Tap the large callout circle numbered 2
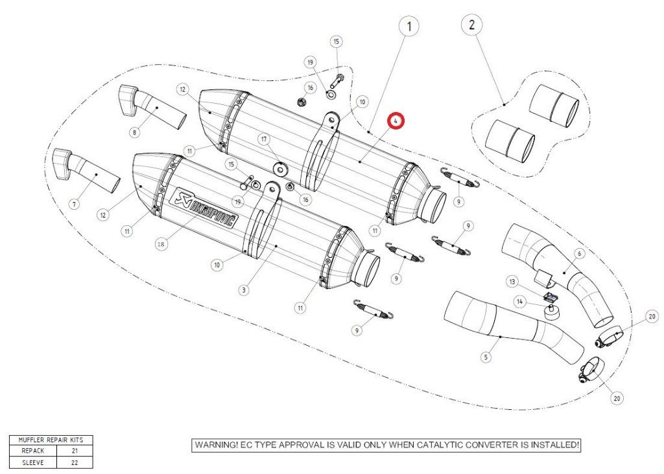point(471,26)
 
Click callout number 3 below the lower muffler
point(243,291)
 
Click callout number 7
point(74,205)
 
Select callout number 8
point(134,133)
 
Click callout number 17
point(264,139)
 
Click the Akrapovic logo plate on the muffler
point(203,209)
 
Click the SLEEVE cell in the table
point(32,462)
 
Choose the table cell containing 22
point(74,462)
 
